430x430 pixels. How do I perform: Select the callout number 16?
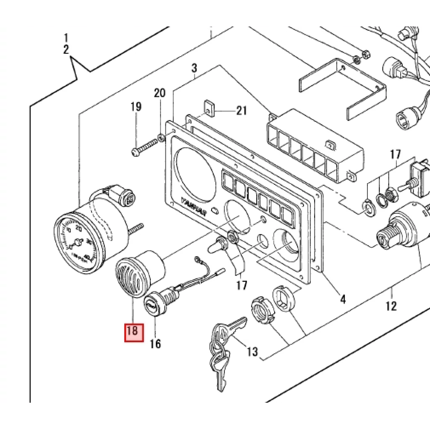pos(155,344)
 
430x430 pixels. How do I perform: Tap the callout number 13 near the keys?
pos(252,351)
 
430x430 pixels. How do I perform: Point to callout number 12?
pos(391,306)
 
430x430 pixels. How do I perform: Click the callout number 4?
pos(343,299)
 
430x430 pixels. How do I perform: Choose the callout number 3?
pos(194,68)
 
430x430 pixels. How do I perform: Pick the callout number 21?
pos(241,111)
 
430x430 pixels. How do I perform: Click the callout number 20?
pos(160,93)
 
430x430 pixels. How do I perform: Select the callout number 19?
pos(136,107)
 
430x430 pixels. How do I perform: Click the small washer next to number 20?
pos(161,137)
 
